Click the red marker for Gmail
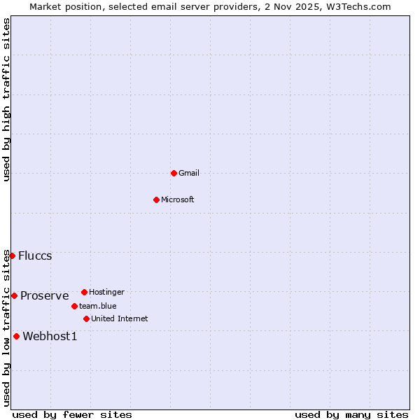[174, 173]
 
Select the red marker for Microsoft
[157, 199]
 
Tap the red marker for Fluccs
[12, 255]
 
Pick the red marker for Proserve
[14, 295]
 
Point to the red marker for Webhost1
[16, 336]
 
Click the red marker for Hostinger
[84, 292]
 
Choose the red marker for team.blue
[74, 306]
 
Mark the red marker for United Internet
[86, 318]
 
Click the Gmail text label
[189, 173]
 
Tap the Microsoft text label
[178, 199]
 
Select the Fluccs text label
[35, 255]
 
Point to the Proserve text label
[45, 295]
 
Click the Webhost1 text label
[50, 336]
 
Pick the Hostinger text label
[106, 292]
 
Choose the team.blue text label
[98, 306]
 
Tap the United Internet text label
[120, 318]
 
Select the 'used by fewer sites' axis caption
[72, 414]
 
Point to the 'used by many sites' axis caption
[351, 414]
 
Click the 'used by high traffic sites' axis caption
[6, 99]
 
